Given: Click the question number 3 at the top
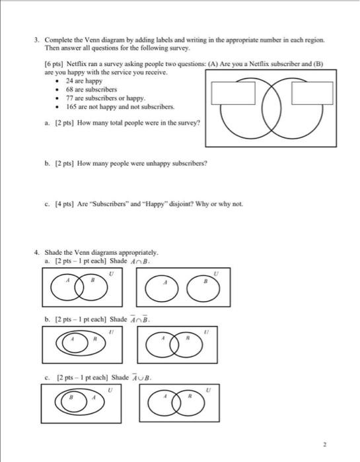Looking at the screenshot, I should (x=38, y=40).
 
